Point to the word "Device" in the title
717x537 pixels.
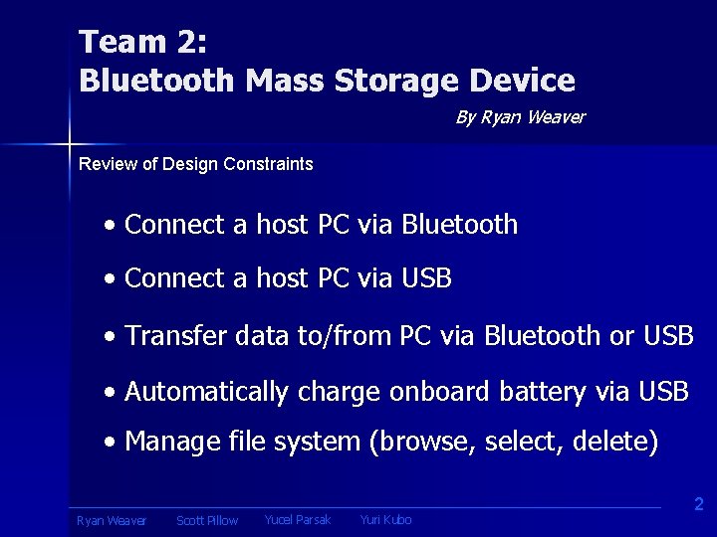pos(525,80)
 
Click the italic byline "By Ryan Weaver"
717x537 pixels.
pos(520,117)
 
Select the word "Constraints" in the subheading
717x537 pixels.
pos(269,164)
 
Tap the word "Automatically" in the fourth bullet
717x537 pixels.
pos(206,393)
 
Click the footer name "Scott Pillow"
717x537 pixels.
pos(207,521)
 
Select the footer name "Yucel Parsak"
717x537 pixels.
pos(297,520)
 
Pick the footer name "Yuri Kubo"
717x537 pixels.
pos(385,520)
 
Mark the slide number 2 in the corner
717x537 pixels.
pos(698,505)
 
